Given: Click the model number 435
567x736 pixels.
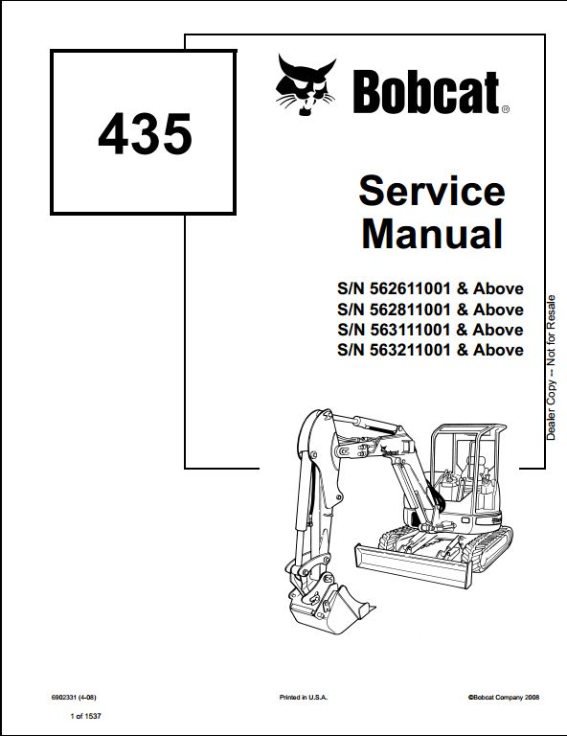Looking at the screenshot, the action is (145, 134).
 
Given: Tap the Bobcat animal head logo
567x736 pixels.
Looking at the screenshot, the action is (306, 85).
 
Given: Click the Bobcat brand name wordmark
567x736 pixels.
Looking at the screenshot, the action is (426, 92).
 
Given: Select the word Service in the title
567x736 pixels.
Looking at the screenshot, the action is (432, 191).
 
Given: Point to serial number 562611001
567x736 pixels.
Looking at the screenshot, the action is (410, 288).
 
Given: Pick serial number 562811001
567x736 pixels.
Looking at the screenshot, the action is (410, 310).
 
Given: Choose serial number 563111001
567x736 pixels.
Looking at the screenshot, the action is (410, 330).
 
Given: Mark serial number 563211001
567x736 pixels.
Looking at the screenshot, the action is (410, 350).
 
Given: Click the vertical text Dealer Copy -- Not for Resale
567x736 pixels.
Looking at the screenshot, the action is (551, 368).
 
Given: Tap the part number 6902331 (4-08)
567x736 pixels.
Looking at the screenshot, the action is (74, 697).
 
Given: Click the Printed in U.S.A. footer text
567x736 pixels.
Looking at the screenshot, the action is (304, 697).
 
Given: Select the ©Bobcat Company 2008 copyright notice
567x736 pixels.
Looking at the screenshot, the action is (503, 697).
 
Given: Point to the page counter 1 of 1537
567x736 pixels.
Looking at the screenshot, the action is (85, 716).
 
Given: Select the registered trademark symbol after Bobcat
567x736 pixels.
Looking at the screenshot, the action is (505, 109).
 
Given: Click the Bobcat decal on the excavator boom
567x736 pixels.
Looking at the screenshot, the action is (390, 452).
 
